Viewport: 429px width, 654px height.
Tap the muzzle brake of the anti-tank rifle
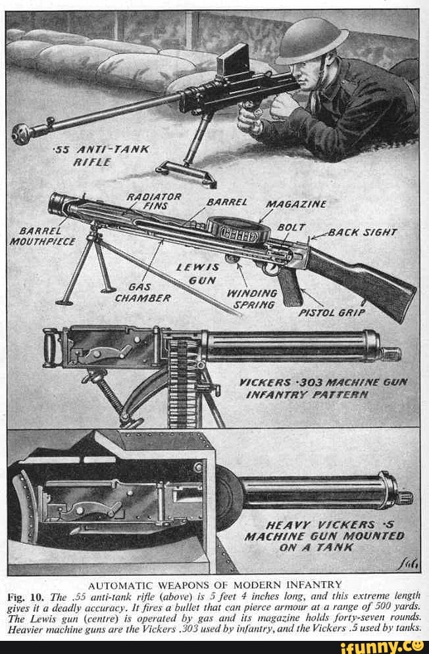click(x=22, y=133)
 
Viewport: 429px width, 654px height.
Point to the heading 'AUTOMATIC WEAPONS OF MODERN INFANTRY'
click(x=214, y=584)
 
